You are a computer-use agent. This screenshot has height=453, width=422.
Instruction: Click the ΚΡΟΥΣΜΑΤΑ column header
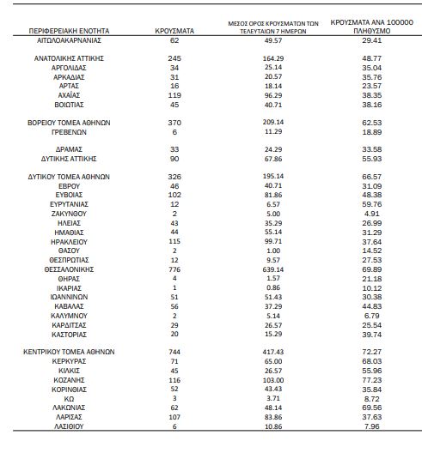point(174,31)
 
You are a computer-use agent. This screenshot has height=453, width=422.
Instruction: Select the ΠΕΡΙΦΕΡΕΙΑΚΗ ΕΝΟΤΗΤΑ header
point(69,31)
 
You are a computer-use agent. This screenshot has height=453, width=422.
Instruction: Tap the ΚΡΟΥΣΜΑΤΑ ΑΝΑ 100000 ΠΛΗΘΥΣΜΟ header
point(372,27)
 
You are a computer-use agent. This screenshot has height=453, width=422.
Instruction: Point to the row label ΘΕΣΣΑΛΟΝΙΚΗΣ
point(69,269)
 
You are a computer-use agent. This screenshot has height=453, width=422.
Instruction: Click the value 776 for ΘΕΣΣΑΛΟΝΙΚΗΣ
point(174,269)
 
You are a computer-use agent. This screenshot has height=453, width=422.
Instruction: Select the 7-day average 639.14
point(273,269)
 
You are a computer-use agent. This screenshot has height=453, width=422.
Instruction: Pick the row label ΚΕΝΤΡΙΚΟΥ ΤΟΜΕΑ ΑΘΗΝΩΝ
point(69,352)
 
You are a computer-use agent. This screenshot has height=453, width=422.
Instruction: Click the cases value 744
point(174,352)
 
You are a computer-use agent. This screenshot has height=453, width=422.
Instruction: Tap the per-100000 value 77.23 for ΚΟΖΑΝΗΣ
point(372,380)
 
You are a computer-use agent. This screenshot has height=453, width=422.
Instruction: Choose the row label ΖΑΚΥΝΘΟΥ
point(69,214)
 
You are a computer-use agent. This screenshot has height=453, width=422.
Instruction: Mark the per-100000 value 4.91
point(372,214)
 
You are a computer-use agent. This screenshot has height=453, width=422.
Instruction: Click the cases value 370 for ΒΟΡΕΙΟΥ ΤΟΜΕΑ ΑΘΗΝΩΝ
point(174,123)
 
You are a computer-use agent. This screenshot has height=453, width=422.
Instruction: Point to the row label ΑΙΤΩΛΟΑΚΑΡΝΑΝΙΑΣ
point(69,40)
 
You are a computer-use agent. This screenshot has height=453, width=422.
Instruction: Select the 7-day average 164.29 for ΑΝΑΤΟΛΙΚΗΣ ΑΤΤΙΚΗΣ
point(273,58)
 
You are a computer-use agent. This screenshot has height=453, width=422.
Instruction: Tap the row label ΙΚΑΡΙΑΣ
point(69,288)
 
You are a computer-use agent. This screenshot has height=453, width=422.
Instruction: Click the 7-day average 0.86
point(273,287)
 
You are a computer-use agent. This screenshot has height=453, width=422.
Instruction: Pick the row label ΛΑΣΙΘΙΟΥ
point(69,426)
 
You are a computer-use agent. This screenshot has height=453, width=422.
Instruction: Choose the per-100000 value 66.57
point(372,177)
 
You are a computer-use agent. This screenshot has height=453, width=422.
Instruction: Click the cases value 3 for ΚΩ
point(174,398)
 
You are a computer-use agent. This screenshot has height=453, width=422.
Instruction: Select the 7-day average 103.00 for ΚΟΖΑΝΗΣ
point(273,380)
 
